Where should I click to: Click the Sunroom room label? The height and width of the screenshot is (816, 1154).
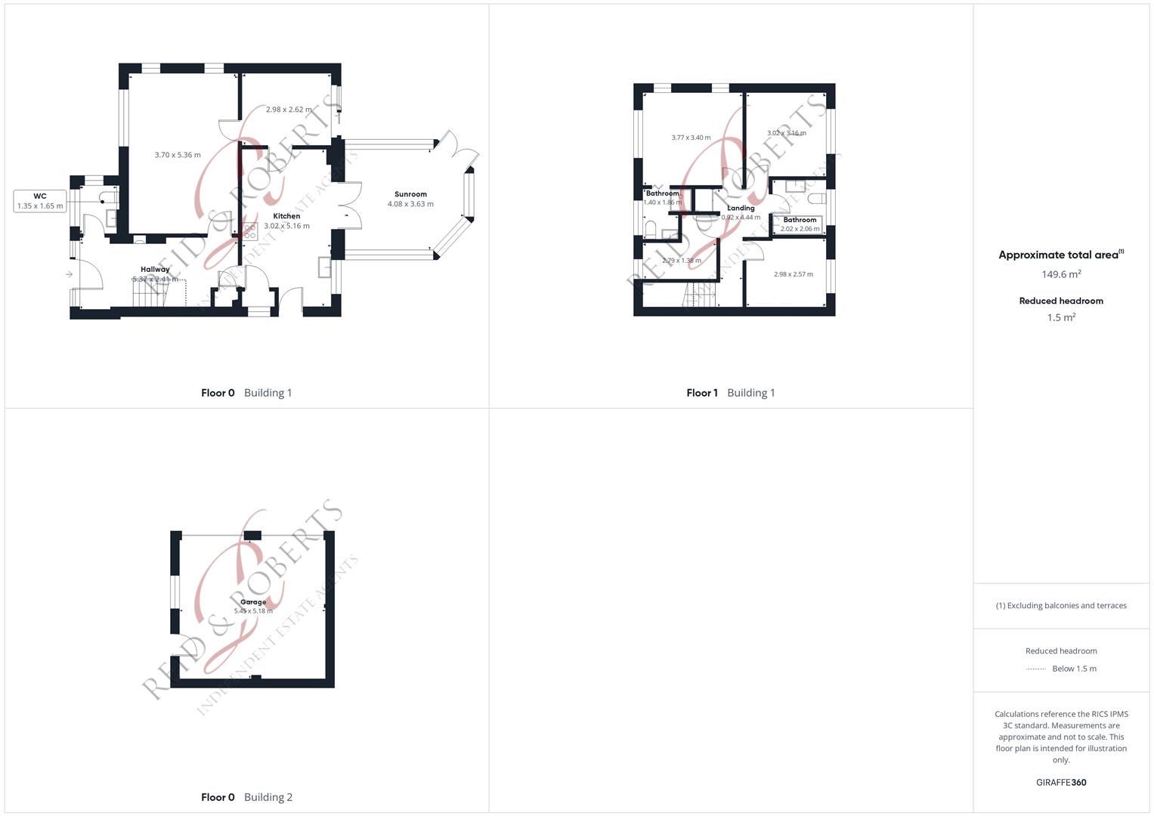point(410,194)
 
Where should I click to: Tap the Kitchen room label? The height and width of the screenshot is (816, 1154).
point(286,216)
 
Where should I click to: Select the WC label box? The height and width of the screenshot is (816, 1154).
point(40,201)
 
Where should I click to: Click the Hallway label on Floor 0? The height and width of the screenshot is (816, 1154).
point(155,269)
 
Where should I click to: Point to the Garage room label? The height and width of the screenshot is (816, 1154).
point(253,602)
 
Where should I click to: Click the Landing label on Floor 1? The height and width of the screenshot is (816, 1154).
point(741,208)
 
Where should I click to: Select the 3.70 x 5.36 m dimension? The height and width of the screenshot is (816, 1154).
point(178,155)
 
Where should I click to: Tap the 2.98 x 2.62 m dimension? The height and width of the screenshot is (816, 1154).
point(289,110)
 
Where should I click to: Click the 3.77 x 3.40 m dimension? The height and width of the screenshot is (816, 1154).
point(691,138)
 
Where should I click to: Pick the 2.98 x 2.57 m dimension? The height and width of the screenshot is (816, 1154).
point(793,274)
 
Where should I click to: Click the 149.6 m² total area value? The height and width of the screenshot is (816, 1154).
point(1061,274)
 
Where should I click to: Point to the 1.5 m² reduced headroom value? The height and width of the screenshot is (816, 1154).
point(1061,318)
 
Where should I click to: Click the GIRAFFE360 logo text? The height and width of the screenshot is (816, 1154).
point(1061,783)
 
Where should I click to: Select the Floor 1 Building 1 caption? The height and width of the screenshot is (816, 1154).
point(730,393)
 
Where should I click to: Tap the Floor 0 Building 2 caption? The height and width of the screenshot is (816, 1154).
point(246,797)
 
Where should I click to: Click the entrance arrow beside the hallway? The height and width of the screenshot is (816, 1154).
point(69,274)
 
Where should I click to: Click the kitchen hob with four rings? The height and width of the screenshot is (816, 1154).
point(249,231)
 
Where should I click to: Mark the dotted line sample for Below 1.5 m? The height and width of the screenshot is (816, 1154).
point(1036,669)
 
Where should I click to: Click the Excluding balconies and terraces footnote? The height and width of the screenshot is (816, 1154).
point(1061,605)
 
